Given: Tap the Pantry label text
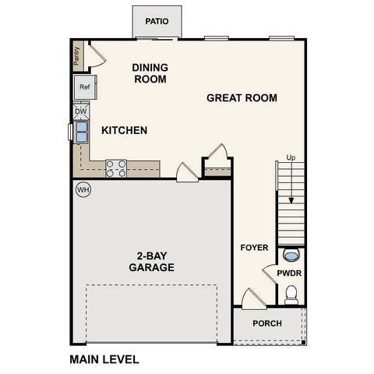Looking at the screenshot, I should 76,55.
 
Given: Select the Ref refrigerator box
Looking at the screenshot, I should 84,87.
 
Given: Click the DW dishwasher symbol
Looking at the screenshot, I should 80,111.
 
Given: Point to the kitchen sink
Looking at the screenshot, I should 81,131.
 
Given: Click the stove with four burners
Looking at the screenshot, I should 116,168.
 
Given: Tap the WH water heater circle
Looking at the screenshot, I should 83,189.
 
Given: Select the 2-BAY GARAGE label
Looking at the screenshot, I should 151,262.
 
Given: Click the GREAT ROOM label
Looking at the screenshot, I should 242,98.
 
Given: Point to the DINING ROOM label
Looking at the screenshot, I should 150,73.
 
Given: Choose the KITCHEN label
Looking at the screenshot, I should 124,130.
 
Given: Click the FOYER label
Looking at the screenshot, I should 254,248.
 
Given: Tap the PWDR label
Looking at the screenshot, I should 290,273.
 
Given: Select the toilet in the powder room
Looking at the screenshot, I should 291,293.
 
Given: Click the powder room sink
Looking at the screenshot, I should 291,254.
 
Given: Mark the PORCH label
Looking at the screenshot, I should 267,323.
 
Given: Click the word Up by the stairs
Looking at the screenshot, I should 291,157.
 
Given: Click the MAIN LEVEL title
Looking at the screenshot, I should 104,359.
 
